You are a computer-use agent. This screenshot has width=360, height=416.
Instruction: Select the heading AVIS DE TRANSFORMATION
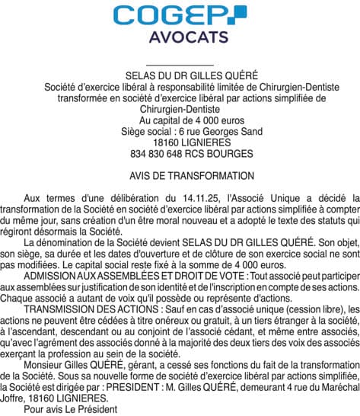pos(180,174)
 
